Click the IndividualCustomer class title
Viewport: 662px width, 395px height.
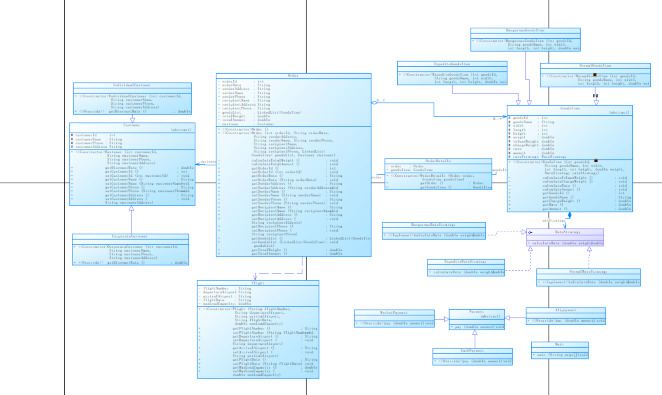(132, 85)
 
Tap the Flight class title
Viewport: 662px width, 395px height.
(258, 283)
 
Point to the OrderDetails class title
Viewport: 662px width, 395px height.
(438, 161)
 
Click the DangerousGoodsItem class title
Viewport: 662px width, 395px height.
(525, 30)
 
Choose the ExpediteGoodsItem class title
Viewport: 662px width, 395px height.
(452, 64)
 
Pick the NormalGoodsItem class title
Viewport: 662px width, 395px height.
(595, 65)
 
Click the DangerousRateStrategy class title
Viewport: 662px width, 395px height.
(433, 225)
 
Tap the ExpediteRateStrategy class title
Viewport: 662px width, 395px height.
(465, 262)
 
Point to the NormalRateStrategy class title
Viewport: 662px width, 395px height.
(588, 271)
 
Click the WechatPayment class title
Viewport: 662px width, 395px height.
(394, 313)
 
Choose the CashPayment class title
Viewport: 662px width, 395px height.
(472, 351)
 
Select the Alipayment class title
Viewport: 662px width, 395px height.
(566, 310)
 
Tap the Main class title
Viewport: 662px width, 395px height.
(559, 344)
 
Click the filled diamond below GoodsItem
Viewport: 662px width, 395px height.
(570, 215)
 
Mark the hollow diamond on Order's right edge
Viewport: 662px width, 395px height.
(374, 103)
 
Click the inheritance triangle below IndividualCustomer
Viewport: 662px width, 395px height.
(132, 119)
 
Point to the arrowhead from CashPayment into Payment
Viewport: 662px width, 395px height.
(475, 332)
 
